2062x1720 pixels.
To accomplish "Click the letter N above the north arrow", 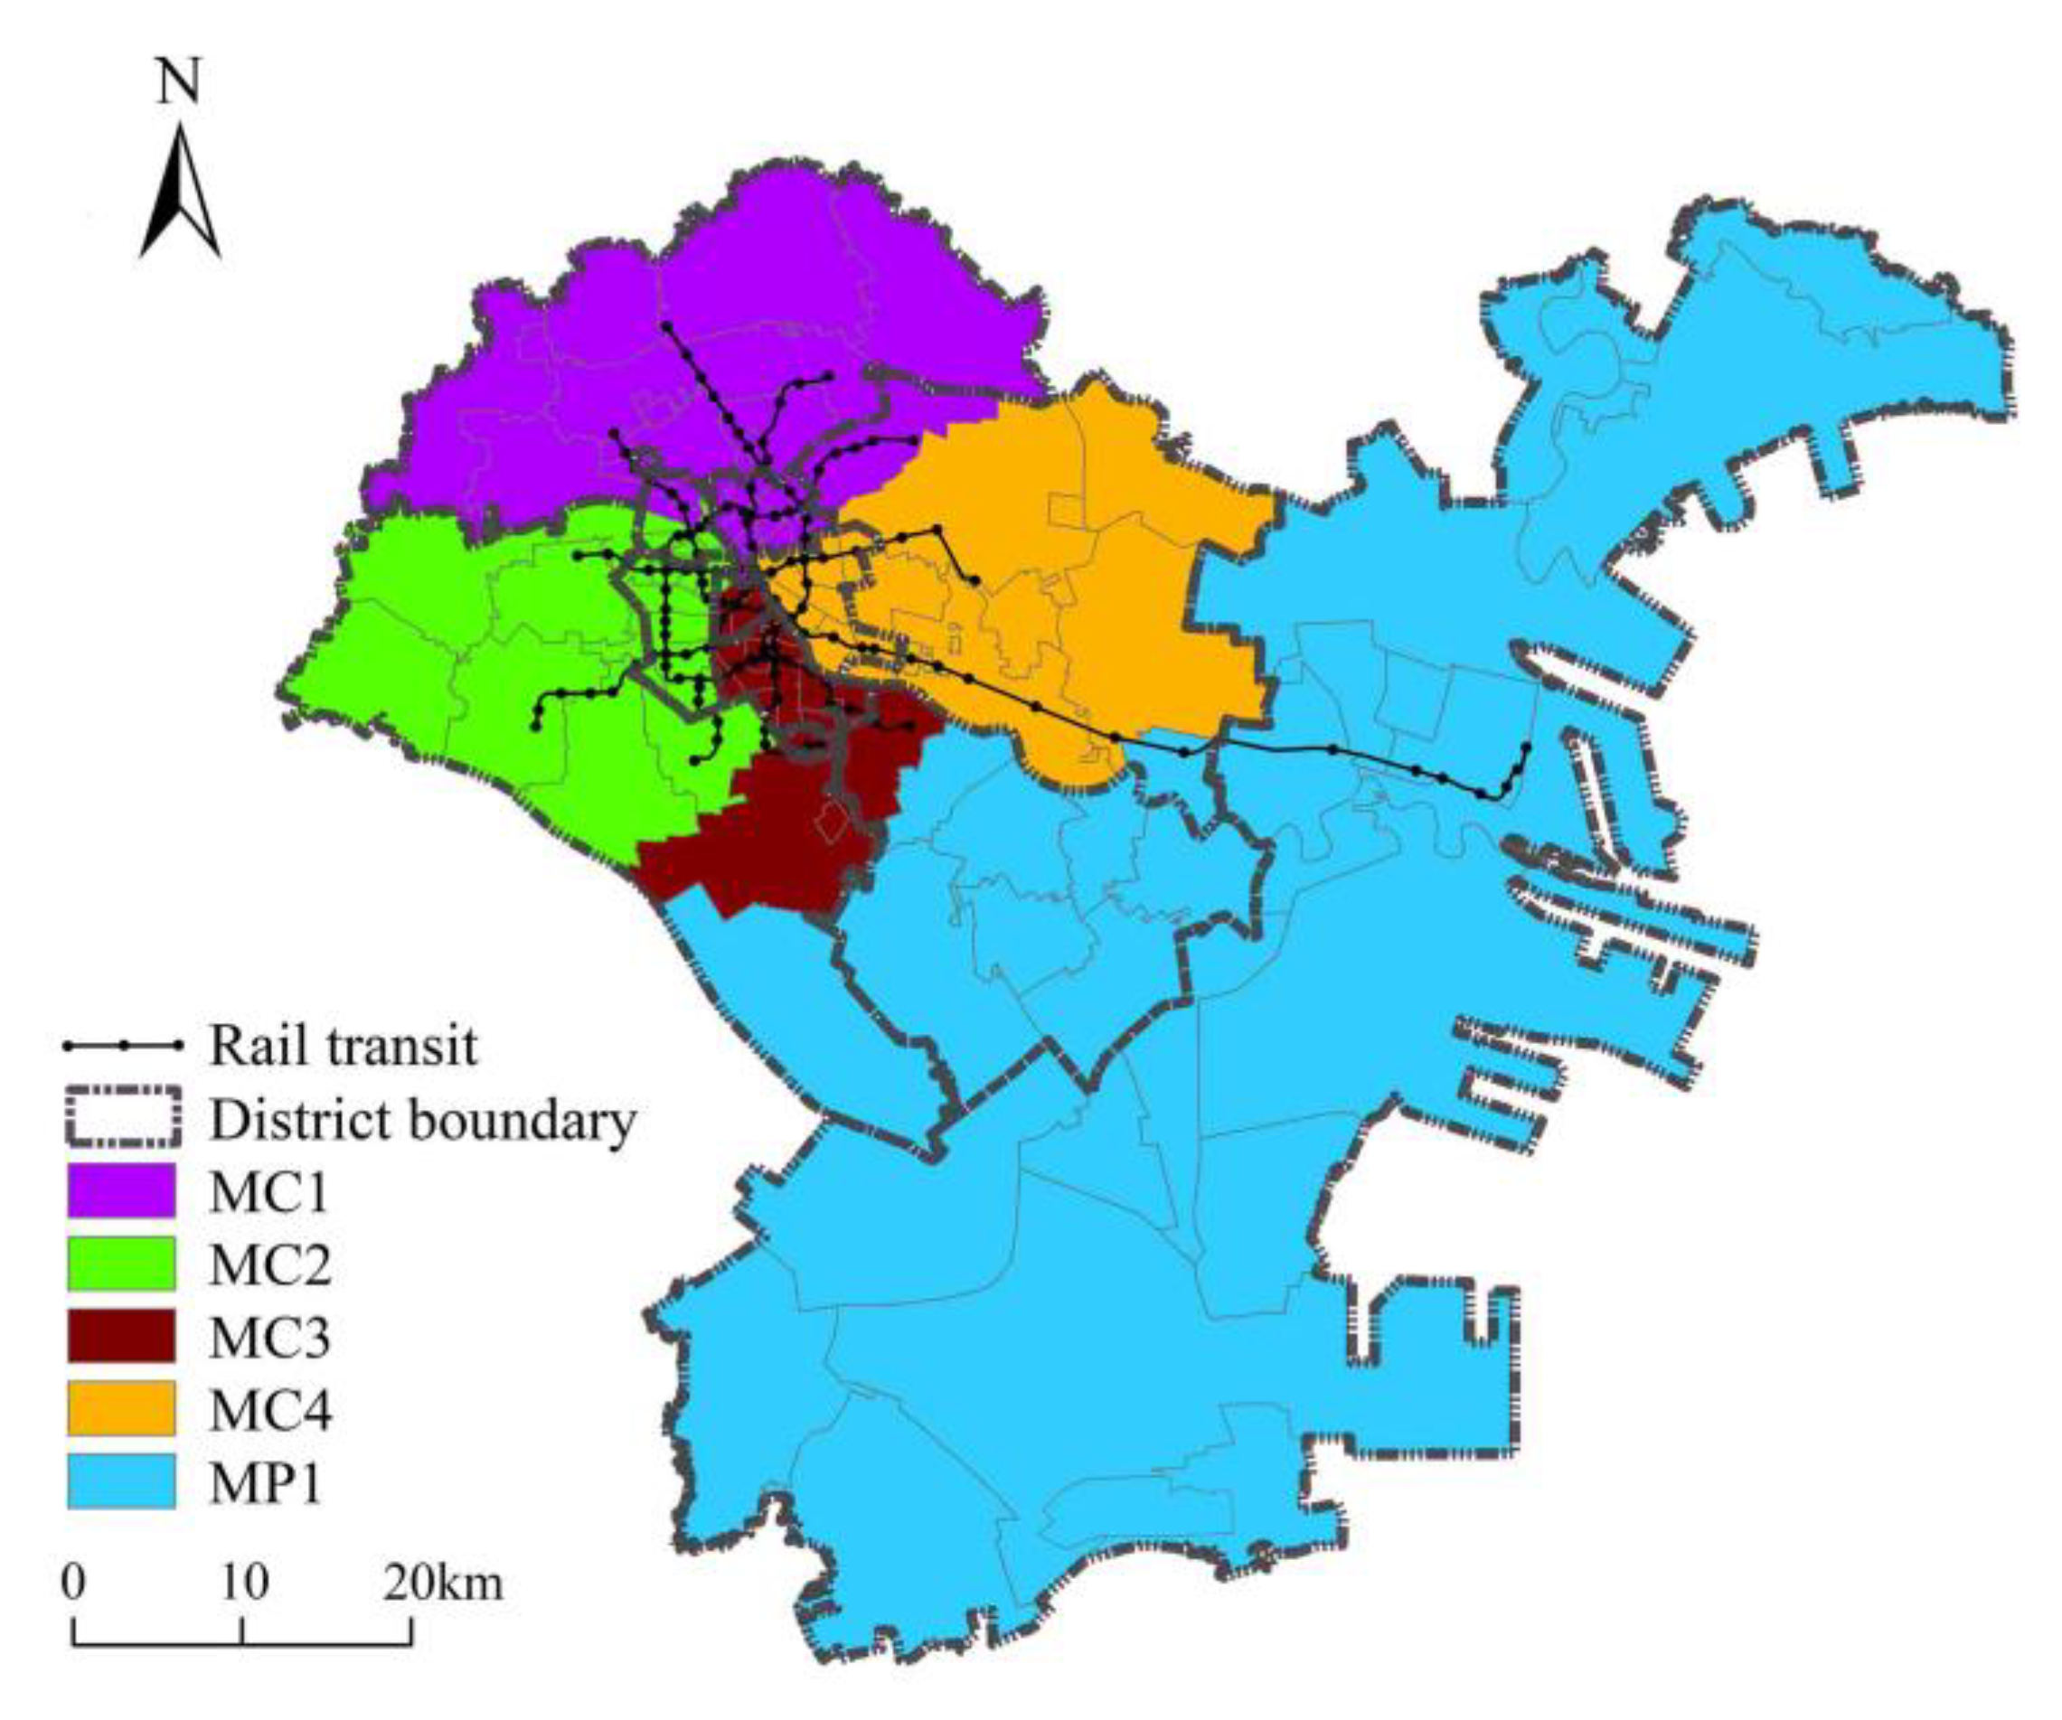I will click(x=179, y=82).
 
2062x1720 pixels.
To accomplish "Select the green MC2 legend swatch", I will click(x=121, y=1264).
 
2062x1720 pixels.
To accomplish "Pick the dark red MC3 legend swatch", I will click(x=121, y=1336).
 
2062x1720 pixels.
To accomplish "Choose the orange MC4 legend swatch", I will click(x=121, y=1409).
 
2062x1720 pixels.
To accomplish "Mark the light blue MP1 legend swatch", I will click(x=121, y=1481).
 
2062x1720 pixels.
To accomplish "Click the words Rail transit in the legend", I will click(x=343, y=1047).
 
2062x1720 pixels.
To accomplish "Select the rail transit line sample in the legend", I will click(x=123, y=1047).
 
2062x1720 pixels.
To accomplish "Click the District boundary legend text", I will click(x=422, y=1120).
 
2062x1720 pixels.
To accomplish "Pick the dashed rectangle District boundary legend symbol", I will click(x=123, y=1118).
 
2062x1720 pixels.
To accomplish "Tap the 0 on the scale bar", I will click(x=72, y=1583).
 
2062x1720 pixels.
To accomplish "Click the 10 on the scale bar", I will click(x=242, y=1583).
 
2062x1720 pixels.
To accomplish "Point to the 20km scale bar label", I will click(x=444, y=1583).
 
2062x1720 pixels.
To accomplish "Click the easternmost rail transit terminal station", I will click(x=1526, y=747).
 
